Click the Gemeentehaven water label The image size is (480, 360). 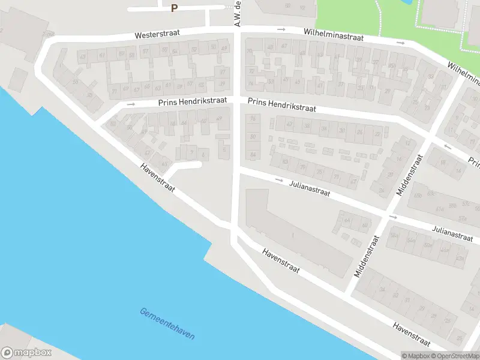(167, 324)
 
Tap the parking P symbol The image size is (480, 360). (175, 8)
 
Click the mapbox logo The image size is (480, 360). (26, 353)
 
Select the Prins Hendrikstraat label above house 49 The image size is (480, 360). (193, 101)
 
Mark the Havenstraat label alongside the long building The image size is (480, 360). (281, 262)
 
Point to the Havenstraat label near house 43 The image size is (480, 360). (158, 178)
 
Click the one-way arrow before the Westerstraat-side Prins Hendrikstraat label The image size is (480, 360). (131, 104)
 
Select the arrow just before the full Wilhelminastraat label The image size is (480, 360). (281, 29)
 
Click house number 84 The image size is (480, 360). (253, 155)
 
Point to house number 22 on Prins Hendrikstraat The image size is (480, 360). (360, 133)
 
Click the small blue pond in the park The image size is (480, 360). (409, 2)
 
